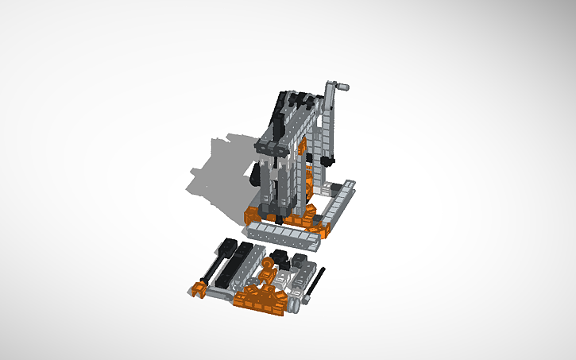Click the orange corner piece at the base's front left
click(253, 213)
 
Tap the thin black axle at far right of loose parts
click(316, 285)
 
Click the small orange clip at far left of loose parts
click(198, 289)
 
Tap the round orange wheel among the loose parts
click(268, 277)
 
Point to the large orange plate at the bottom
click(258, 301)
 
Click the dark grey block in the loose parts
click(300, 261)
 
